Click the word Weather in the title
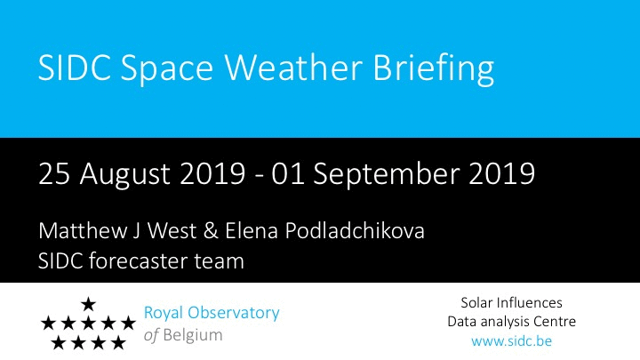[x=293, y=67]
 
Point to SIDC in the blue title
[x=75, y=67]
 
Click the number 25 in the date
[x=54, y=174]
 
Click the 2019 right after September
[x=501, y=174]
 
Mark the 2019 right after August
[x=212, y=174]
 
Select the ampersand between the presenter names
[x=210, y=231]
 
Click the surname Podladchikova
[x=355, y=230]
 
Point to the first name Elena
[x=252, y=230]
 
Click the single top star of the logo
[x=88, y=304]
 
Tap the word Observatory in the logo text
[x=234, y=314]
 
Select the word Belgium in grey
[x=193, y=336]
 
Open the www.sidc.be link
[x=511, y=340]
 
